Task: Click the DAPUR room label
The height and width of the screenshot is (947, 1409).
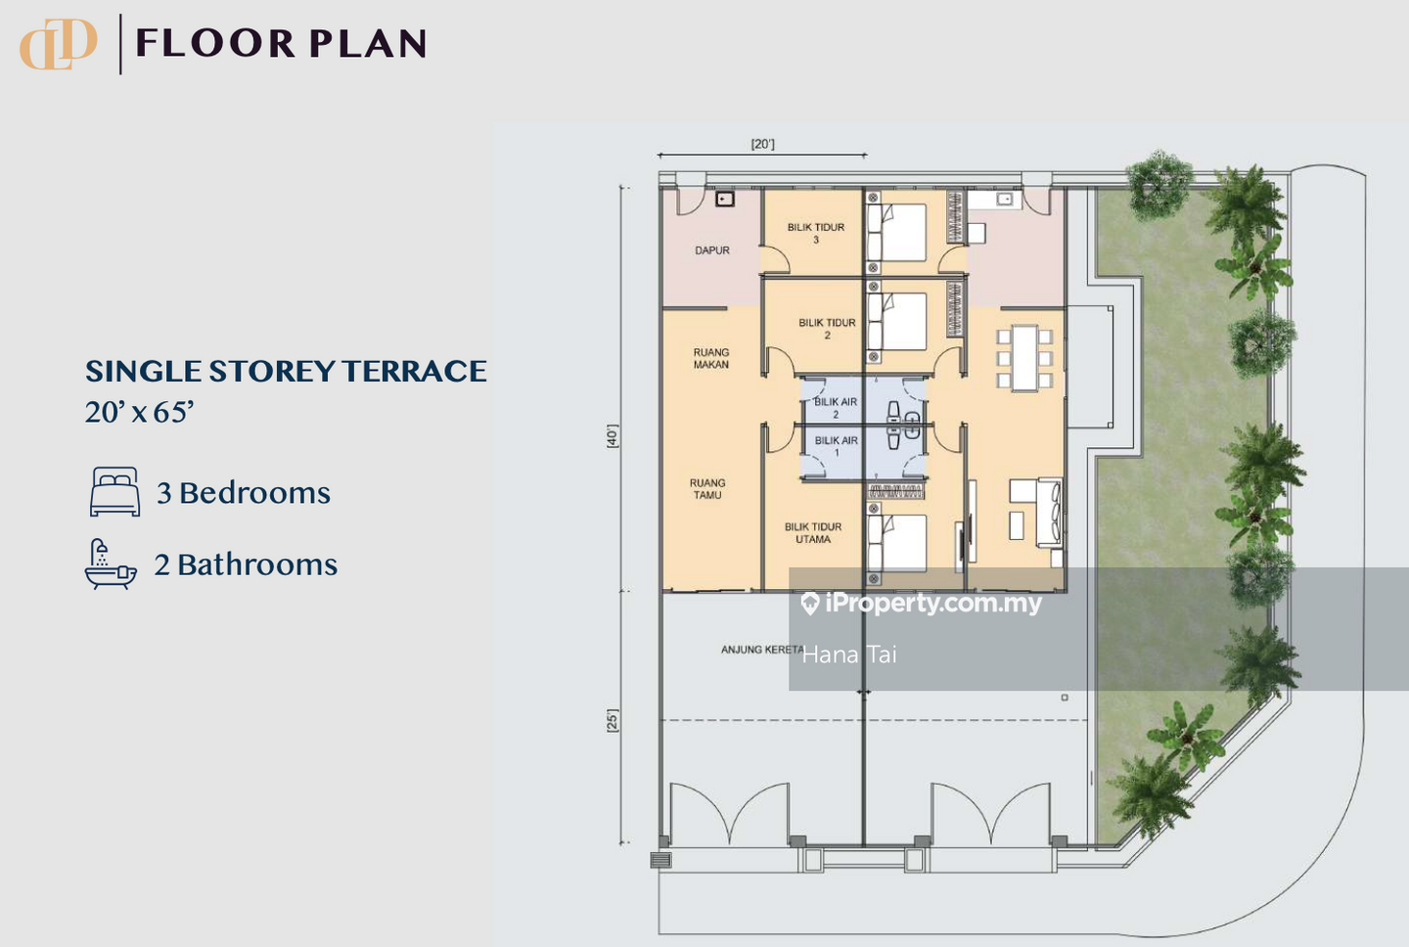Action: [x=712, y=250]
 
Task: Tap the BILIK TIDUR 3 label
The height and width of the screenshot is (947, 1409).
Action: [x=816, y=233]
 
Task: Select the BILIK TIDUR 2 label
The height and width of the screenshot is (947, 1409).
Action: [x=827, y=329]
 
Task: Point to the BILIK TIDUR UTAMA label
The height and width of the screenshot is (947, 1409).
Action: [x=813, y=532]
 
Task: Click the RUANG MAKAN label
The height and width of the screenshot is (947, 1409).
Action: [x=711, y=358]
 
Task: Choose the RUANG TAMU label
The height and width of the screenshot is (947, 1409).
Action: [x=707, y=488]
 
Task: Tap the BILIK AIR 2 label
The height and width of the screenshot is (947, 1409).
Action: [x=836, y=408]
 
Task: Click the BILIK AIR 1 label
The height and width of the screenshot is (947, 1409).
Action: [x=836, y=446]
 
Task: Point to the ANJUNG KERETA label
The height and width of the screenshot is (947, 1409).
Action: [x=762, y=650]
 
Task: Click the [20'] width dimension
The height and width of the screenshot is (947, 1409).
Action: [x=762, y=144]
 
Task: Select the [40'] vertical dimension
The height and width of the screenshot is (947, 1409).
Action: [x=613, y=435]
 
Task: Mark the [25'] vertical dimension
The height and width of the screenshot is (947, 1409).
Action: [x=613, y=721]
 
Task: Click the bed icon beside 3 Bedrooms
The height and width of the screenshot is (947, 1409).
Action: [x=114, y=492]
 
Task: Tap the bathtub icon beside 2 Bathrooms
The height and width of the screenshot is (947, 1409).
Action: [x=110, y=564]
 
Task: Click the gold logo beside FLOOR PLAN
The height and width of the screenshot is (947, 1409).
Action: [x=58, y=44]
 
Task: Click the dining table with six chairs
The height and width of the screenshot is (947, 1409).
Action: [x=1024, y=358]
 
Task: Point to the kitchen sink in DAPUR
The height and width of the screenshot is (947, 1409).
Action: [x=725, y=200]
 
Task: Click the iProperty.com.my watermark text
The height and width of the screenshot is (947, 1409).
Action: [x=922, y=604]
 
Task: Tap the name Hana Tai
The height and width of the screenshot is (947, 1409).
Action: [x=849, y=654]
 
